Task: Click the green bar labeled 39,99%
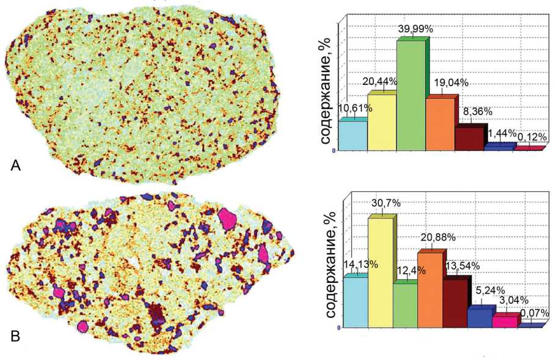(x=411, y=95)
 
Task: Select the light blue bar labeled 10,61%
(x=353, y=134)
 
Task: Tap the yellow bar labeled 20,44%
(x=382, y=121)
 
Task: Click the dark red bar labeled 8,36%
(x=469, y=138)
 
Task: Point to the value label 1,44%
(x=498, y=133)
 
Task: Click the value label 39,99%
(x=411, y=29)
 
